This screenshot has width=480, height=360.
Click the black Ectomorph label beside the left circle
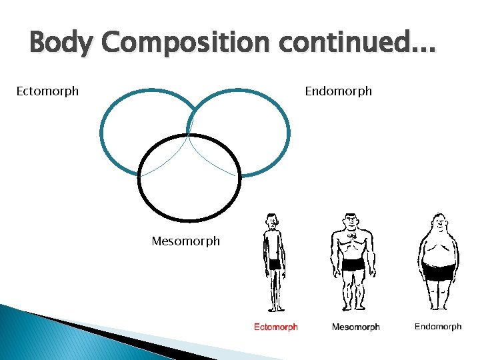[47, 91]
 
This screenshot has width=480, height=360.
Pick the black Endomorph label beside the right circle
[338, 91]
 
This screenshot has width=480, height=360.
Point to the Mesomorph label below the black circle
[185, 241]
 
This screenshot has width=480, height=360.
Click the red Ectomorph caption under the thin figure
[275, 327]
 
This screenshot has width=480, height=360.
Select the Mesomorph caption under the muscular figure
[355, 327]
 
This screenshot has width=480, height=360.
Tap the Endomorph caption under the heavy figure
[437, 327]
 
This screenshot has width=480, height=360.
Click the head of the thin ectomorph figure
[271, 221]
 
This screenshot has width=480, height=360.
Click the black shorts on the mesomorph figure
[353, 264]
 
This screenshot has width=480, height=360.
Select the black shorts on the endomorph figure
[439, 272]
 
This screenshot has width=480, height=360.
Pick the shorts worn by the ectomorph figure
[274, 264]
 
